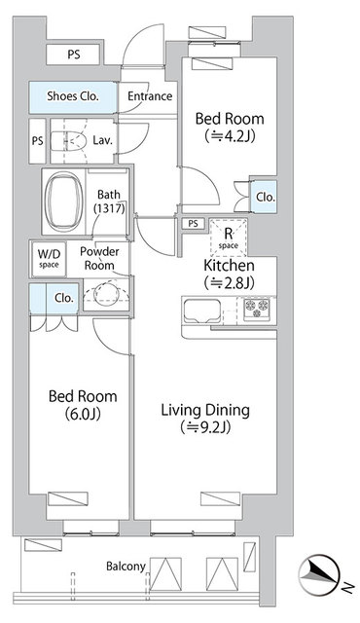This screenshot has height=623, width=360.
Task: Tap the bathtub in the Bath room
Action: [x=64, y=202]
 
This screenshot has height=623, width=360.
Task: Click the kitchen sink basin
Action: [x=201, y=311]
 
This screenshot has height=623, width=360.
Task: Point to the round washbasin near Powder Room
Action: [x=106, y=293]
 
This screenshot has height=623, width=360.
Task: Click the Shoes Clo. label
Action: [x=73, y=96]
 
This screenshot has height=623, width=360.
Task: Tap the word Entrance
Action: [x=150, y=96]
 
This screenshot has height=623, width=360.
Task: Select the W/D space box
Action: [x=49, y=260]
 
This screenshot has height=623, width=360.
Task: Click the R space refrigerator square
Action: [x=228, y=238]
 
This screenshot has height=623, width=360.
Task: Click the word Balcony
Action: [x=126, y=567]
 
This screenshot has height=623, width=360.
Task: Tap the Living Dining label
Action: [x=205, y=411]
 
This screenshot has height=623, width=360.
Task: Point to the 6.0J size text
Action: [x=83, y=415]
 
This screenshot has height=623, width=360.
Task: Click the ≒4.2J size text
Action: [x=230, y=136]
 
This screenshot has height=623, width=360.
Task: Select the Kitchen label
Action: [x=229, y=265]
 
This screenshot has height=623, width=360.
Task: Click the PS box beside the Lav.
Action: [x=37, y=141]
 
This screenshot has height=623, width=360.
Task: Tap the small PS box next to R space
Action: [x=193, y=224]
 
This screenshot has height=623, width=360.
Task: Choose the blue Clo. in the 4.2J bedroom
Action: [x=266, y=197]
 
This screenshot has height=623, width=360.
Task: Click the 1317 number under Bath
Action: [x=109, y=207]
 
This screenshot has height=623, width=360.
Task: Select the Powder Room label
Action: [x=99, y=259]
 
